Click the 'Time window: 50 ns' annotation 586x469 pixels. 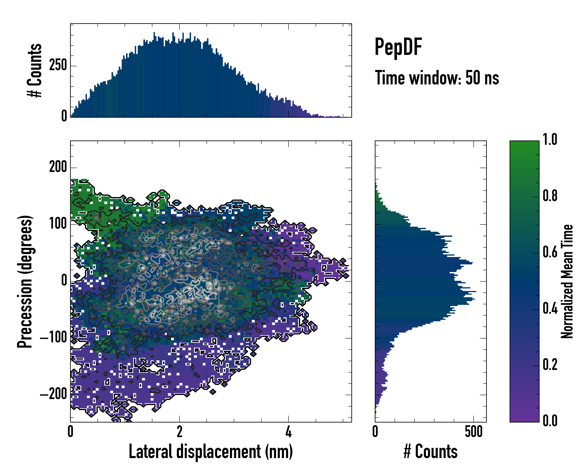437,78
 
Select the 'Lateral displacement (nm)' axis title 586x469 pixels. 211,452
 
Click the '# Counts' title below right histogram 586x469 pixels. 431,452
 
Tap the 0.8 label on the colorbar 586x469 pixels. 550,196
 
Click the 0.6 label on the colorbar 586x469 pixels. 550,252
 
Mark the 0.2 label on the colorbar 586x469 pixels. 550,365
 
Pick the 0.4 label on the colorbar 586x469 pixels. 550,309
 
